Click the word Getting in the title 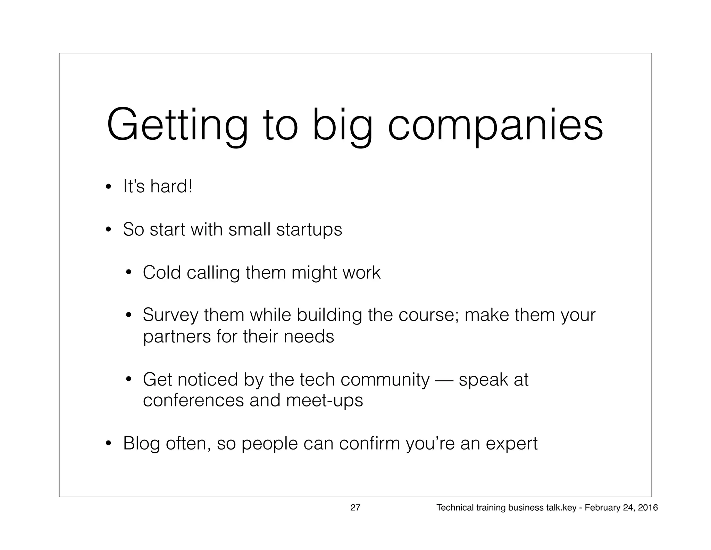click(177, 125)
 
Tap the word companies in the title click(495, 125)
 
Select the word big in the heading click(342, 125)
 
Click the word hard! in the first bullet click(171, 186)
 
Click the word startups click(309, 229)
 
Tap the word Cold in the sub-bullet click(162, 272)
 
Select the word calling click(213, 273)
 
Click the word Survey click(170, 315)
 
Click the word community click(385, 380)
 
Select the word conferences click(193, 401)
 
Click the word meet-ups click(324, 401)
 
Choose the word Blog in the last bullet click(141, 444)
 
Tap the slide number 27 click(355, 508)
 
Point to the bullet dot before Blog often click(109, 444)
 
